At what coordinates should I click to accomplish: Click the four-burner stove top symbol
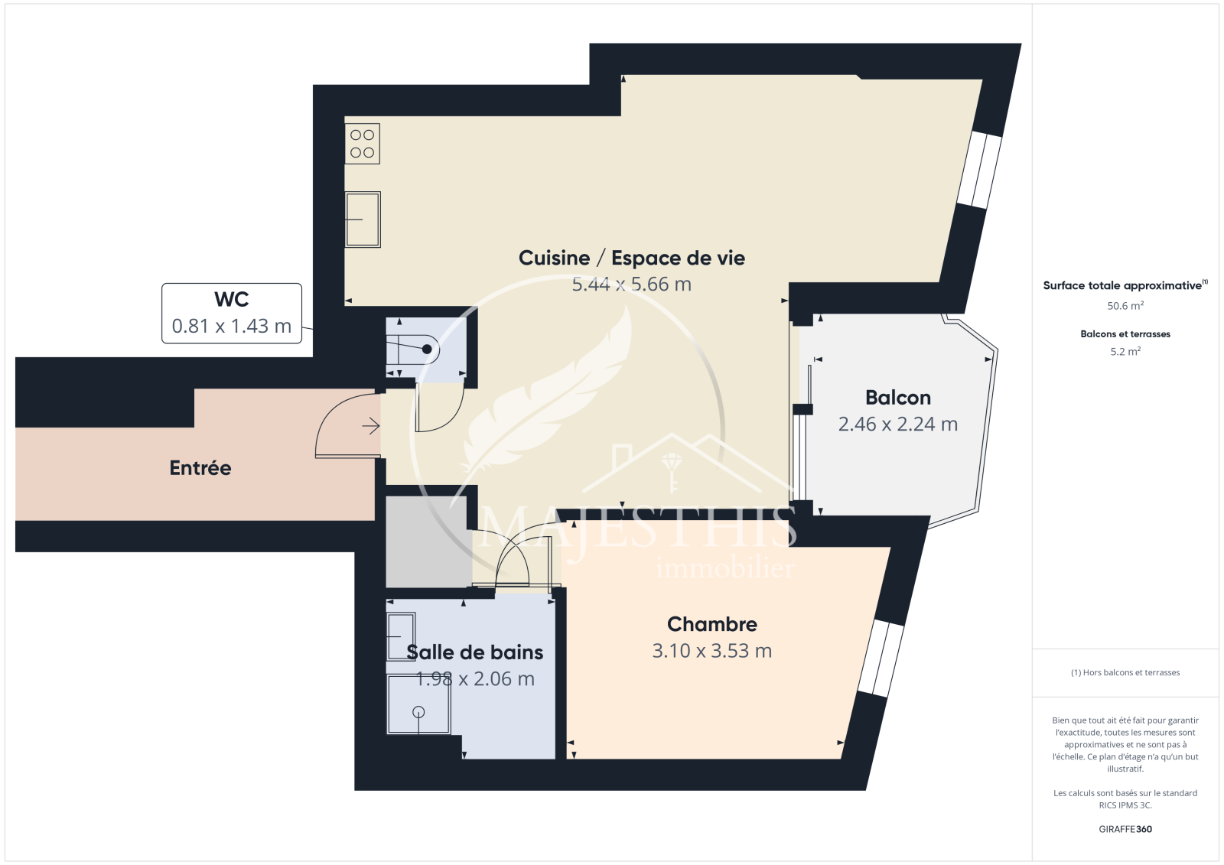363,144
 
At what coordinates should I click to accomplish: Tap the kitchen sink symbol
363,220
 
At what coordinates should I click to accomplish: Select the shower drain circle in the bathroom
418,711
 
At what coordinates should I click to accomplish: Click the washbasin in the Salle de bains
401,636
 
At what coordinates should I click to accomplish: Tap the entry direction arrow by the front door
371,426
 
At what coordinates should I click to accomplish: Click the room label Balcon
898,397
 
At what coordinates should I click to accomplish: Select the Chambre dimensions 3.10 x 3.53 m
712,651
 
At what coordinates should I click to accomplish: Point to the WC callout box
232,313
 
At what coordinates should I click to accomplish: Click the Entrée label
200,468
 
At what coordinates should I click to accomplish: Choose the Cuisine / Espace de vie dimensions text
632,285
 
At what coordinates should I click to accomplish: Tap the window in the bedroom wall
881,658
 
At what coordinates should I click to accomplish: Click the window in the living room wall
978,170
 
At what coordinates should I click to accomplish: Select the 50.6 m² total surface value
1125,306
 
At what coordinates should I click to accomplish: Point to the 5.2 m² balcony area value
1125,351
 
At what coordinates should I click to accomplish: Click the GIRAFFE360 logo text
1125,829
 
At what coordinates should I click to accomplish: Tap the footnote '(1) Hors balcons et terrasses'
1125,672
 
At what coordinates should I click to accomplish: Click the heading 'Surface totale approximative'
1125,285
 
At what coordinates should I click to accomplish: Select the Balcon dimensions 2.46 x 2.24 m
898,424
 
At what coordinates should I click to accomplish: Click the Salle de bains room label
475,652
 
